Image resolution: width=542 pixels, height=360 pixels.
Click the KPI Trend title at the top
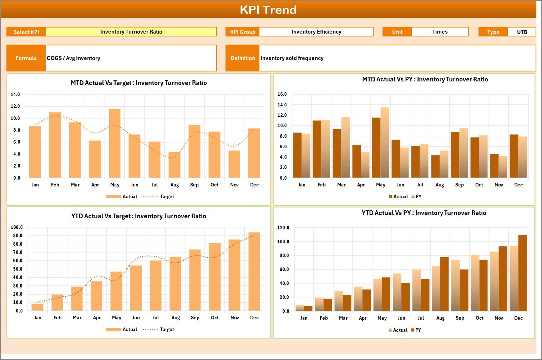(268, 10)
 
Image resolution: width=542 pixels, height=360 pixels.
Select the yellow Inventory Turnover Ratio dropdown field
(131, 32)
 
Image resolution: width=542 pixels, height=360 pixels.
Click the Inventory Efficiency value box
(316, 32)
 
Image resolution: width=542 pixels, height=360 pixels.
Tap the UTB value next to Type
(522, 32)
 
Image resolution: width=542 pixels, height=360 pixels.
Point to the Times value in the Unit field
(440, 32)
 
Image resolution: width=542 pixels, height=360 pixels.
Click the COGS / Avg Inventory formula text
(74, 58)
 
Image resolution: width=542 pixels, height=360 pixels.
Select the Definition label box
(243, 58)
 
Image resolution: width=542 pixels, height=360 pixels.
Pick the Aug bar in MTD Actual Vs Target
(174, 165)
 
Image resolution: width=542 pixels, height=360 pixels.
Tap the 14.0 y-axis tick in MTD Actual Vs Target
(15, 95)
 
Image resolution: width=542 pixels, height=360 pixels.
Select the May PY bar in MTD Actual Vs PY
(385, 143)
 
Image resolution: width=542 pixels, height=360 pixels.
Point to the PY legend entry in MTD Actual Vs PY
(416, 196)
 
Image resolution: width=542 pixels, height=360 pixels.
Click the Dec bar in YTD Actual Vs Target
(254, 271)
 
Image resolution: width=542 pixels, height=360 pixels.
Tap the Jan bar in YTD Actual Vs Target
(37, 307)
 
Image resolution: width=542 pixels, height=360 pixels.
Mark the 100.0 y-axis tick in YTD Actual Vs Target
(17, 227)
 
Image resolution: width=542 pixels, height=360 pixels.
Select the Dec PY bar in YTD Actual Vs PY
(522, 273)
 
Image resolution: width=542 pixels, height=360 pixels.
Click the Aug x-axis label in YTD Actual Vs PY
(440, 318)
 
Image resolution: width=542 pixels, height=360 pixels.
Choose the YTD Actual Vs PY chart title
(424, 213)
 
